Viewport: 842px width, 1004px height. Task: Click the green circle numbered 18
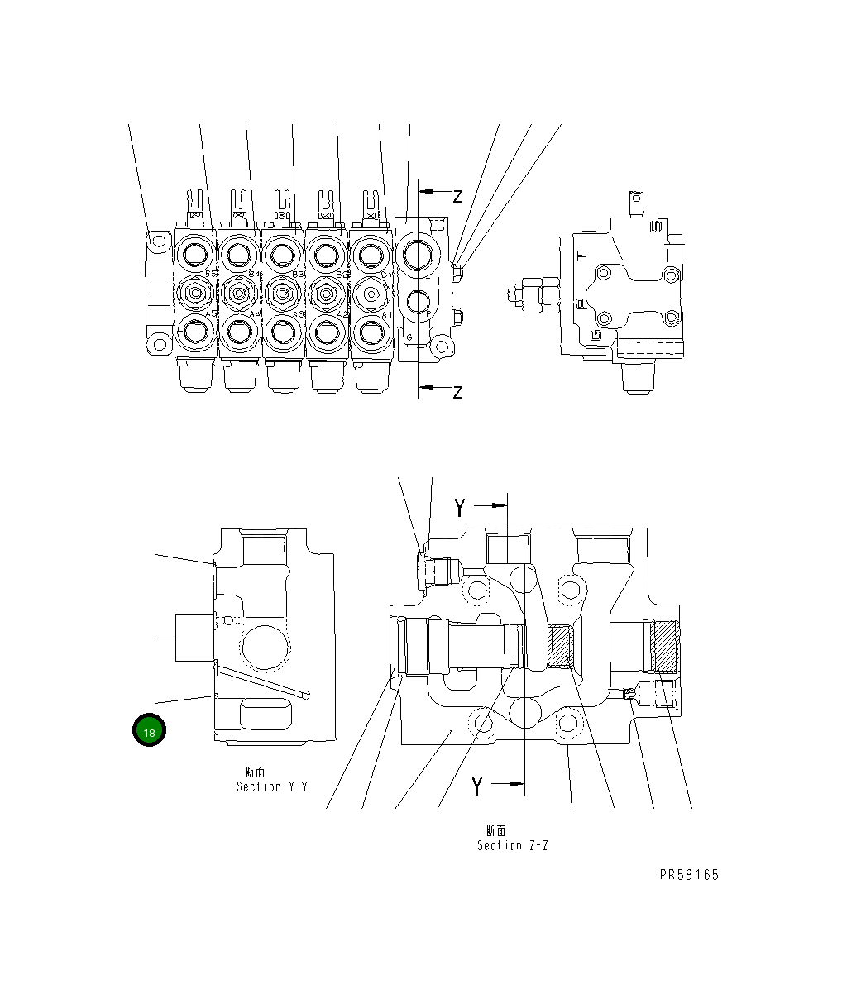[149, 731]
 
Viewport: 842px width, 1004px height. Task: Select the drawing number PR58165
[689, 875]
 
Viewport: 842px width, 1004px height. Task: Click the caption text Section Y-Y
[271, 786]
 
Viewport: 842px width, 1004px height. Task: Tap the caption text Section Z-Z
[512, 845]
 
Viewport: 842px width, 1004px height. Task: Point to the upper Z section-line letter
[457, 196]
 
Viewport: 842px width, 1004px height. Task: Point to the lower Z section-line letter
[457, 392]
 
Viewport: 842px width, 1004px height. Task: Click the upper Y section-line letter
[460, 508]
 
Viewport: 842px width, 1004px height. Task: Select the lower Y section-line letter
[476, 786]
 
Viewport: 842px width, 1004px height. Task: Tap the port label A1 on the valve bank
[385, 314]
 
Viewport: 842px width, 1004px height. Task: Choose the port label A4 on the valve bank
[254, 314]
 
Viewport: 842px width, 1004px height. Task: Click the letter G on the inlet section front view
[409, 337]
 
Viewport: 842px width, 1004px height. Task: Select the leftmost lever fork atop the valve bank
[196, 198]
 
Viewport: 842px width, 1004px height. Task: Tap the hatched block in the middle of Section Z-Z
[562, 646]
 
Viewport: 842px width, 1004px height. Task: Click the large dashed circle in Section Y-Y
[265, 640]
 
